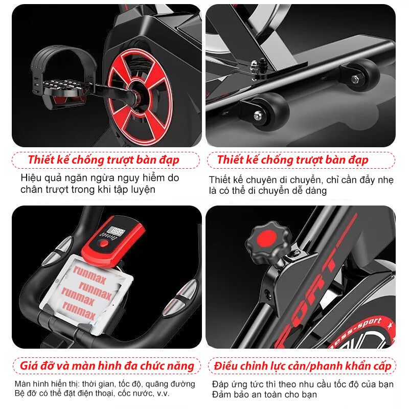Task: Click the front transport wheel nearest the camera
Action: (x=269, y=110)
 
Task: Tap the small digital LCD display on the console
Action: (x=117, y=232)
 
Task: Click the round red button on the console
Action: (x=104, y=244)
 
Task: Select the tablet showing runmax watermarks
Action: (x=86, y=293)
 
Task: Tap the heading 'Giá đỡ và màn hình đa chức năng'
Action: (x=107, y=366)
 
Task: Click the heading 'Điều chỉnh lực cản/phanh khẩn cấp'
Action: (x=303, y=366)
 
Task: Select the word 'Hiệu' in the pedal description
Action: (x=31, y=177)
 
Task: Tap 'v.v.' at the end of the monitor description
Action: (x=163, y=393)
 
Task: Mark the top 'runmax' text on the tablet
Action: (x=89, y=275)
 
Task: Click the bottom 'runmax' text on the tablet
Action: (x=79, y=310)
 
